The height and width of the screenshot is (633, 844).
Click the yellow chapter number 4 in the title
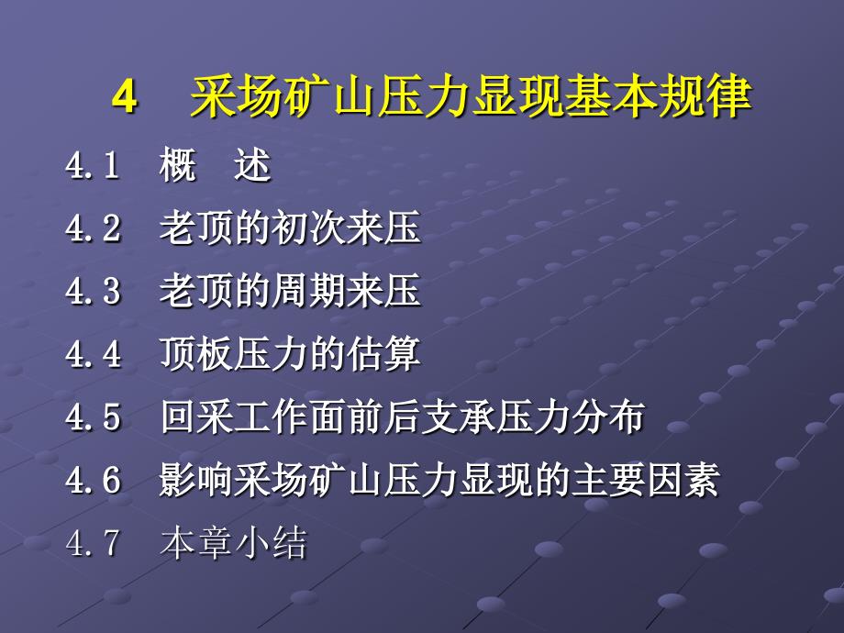(125, 97)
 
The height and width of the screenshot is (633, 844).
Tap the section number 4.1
(93, 164)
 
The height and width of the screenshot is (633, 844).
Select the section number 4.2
(94, 228)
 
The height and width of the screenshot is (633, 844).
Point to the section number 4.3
(94, 291)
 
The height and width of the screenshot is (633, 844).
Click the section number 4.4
(94, 354)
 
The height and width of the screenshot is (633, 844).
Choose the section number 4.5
(94, 417)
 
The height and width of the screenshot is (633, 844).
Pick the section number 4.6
(94, 480)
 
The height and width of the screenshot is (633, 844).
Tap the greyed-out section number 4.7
(93, 542)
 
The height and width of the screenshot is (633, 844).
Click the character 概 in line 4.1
(178, 164)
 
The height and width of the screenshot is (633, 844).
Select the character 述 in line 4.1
(253, 164)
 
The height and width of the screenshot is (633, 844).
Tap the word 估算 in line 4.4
(383, 354)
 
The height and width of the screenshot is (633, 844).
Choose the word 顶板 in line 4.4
(196, 354)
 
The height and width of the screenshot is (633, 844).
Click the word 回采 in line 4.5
(196, 417)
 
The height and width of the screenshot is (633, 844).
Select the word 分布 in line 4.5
(608, 417)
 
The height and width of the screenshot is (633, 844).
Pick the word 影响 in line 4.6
(196, 480)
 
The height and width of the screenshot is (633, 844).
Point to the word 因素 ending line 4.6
(683, 480)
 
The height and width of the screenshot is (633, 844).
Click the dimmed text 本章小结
(234, 542)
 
